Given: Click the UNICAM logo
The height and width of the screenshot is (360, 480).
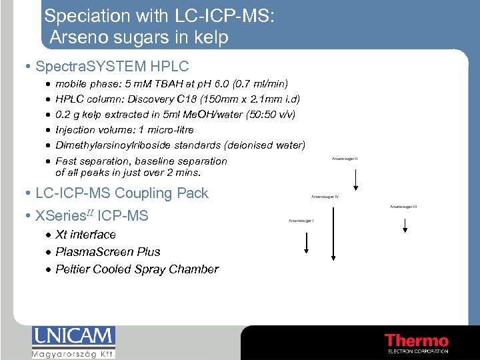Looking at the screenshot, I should click(73, 337).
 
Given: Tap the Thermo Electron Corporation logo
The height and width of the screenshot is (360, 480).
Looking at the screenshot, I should click(417, 341).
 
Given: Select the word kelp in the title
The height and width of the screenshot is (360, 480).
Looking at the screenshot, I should click(211, 37).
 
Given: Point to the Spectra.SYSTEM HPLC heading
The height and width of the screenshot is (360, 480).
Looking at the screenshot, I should click(112, 67).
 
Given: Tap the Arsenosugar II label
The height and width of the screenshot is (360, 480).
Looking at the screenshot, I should click(345, 158).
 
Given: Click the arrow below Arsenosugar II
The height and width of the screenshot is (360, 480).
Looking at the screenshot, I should click(357, 179).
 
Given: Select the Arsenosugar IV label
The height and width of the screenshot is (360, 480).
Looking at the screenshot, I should click(325, 197).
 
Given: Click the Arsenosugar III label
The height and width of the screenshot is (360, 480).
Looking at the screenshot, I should click(403, 207).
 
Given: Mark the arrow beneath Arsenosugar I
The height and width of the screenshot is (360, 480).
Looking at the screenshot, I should click(306, 243).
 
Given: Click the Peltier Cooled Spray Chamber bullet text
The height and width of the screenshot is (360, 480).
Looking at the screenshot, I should click(137, 269).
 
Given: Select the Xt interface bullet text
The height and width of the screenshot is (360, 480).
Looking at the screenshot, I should click(85, 235).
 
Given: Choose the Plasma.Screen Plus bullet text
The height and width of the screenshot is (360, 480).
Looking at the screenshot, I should click(108, 252).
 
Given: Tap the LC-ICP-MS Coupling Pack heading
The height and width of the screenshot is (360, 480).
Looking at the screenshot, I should click(122, 193).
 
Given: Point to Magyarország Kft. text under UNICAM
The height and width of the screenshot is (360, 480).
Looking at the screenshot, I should click(73, 355).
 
